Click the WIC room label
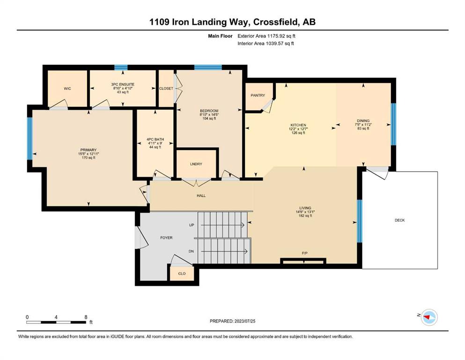(67, 89)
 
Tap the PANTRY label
(258, 95)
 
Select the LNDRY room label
(196, 164)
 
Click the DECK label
(400, 220)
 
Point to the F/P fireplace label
(304, 253)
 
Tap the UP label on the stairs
(192, 225)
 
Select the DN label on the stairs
(191, 251)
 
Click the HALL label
(201, 195)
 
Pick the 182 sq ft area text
(305, 216)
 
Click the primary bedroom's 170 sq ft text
(89, 157)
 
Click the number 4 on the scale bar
(56, 317)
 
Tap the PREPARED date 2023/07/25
(244, 321)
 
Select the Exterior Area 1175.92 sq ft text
(266, 36)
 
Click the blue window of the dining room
(393, 124)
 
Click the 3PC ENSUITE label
(123, 84)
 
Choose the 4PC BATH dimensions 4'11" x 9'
(155, 143)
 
